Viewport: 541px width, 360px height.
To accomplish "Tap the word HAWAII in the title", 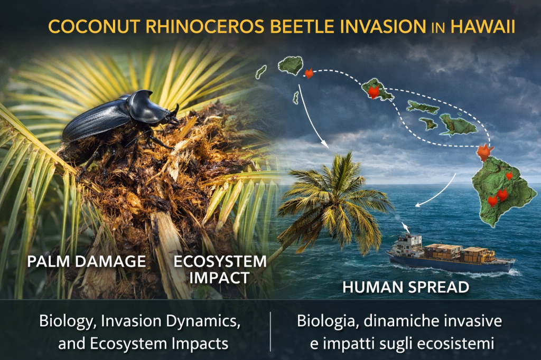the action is coord(483,26).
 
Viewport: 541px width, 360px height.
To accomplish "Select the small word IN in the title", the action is coord(438,28).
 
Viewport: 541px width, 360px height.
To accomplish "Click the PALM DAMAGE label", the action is coord(86,261).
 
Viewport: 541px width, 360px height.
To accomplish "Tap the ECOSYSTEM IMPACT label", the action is coord(220,270).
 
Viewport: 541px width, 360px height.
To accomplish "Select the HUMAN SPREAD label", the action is coord(406,287).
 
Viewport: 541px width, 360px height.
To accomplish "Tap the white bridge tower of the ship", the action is coord(409,241).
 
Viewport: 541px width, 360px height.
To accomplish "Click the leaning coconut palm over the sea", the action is coord(331,203).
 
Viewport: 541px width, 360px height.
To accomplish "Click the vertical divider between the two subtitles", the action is coord(270,331).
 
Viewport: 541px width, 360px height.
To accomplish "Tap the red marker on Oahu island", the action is coord(373,92).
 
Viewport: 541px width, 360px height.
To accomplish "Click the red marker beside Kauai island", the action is coord(309,73).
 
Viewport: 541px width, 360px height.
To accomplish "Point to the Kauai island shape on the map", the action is coord(291,66).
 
